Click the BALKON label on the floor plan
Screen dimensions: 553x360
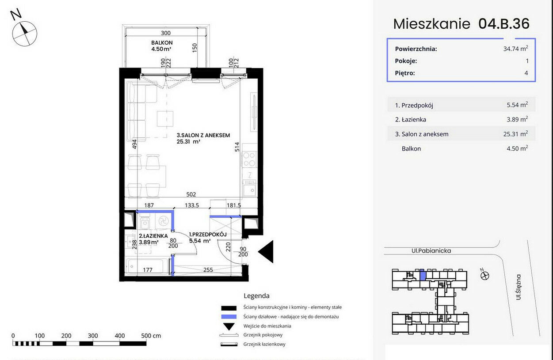(162, 42)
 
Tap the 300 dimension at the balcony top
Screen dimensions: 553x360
(166, 33)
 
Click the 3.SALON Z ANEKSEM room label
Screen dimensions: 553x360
(203, 135)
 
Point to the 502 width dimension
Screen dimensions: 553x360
(191, 194)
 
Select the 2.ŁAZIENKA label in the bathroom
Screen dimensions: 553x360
(153, 236)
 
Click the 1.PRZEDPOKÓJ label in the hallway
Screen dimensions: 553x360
(208, 235)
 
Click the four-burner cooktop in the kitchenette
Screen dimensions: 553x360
(249, 159)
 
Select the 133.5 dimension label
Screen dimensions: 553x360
(192, 205)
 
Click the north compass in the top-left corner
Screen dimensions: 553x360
(24, 34)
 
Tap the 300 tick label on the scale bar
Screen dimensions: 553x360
(93, 336)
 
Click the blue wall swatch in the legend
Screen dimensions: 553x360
(229, 317)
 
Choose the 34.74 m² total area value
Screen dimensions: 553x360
(516, 48)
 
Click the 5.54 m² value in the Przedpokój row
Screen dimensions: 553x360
(518, 105)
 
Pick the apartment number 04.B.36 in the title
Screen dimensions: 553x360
(504, 24)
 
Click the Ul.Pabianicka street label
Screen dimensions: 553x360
(431, 251)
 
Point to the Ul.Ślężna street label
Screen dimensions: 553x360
(518, 287)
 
